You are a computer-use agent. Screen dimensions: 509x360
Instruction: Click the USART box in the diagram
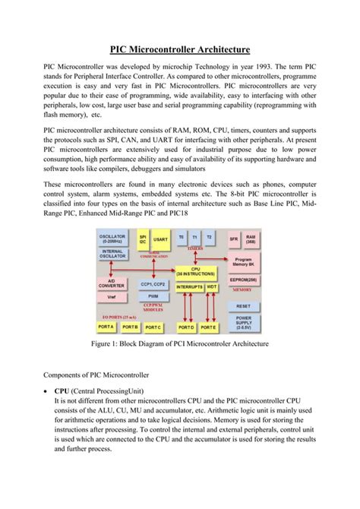point(161,239)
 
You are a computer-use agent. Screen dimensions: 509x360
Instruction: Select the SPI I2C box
point(141,239)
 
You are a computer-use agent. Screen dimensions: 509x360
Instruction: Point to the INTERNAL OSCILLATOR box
point(112,254)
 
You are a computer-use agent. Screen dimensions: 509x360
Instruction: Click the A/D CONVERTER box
point(112,284)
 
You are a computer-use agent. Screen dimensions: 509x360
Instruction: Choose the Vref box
point(112,298)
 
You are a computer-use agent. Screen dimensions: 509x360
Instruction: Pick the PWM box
point(153,296)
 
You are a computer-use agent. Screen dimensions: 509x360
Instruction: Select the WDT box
point(211,286)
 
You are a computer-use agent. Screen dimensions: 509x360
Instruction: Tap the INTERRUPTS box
point(189,286)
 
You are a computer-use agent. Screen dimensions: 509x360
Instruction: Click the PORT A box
point(105,327)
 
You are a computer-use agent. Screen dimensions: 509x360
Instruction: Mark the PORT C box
point(153,327)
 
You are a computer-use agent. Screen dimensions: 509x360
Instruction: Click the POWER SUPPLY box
point(243,322)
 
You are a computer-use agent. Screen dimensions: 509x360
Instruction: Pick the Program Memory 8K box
point(243,261)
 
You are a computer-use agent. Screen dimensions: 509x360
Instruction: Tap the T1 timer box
point(195,238)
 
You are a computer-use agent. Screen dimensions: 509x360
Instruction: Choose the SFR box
point(233,239)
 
